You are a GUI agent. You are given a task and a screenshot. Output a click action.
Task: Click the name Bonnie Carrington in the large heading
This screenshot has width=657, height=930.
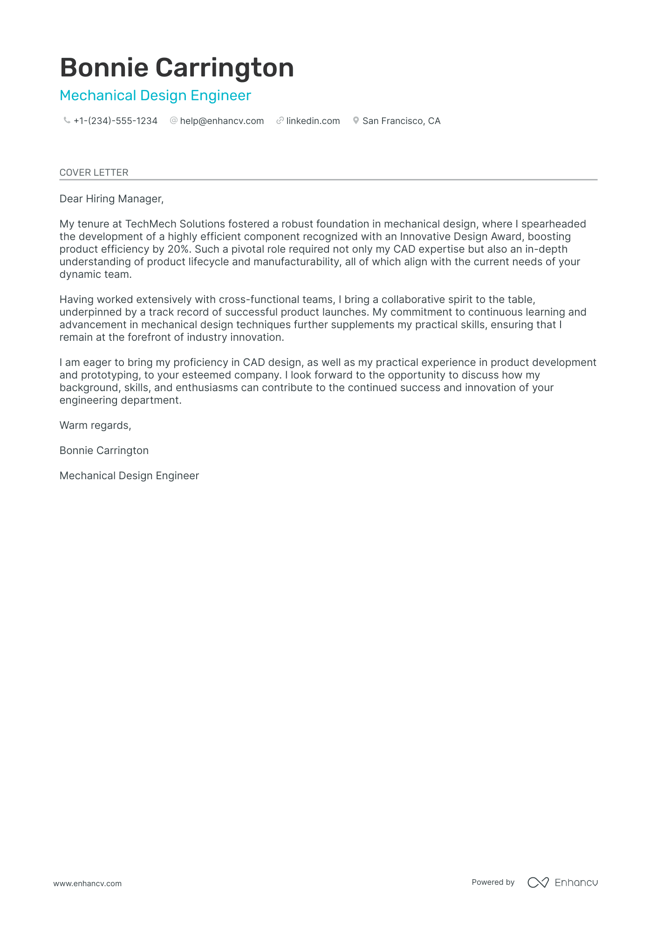pyautogui.click(x=177, y=68)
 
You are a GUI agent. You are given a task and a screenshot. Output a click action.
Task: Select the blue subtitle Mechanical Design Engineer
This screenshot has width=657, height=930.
pyautogui.click(x=155, y=96)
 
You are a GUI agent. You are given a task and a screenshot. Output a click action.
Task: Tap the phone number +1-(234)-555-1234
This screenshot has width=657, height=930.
pyautogui.click(x=115, y=121)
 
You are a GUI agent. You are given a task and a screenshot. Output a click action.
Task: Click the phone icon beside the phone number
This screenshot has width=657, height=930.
pyautogui.click(x=67, y=121)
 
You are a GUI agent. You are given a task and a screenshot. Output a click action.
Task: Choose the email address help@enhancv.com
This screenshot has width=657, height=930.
pyautogui.click(x=222, y=121)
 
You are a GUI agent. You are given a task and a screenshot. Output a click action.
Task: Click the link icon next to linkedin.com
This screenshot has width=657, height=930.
pyautogui.click(x=280, y=121)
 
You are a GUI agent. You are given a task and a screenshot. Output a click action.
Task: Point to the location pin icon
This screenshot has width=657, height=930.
pyautogui.click(x=356, y=121)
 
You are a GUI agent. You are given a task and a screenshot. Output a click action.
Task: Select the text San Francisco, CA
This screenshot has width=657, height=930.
pyautogui.click(x=401, y=121)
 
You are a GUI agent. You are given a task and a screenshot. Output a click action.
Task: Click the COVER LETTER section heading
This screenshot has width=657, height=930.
pyautogui.click(x=94, y=172)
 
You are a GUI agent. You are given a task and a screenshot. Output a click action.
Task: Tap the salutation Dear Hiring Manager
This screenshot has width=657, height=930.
pyautogui.click(x=111, y=199)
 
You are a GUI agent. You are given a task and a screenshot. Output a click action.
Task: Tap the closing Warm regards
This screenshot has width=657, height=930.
pyautogui.click(x=95, y=426)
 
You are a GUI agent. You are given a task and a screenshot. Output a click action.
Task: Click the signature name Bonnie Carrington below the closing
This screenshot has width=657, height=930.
pyautogui.click(x=104, y=451)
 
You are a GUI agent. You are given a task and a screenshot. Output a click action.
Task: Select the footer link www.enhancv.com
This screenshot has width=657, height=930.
pyautogui.click(x=87, y=883)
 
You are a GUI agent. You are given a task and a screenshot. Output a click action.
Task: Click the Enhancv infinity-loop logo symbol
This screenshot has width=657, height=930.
pyautogui.click(x=538, y=882)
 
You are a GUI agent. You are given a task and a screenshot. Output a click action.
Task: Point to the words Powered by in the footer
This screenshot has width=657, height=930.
pyautogui.click(x=493, y=882)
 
